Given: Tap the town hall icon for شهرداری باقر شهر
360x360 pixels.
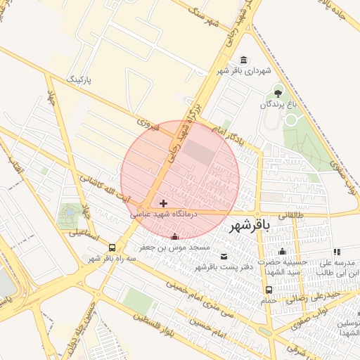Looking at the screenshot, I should tap(243, 60).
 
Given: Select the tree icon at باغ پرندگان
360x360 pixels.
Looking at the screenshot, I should tap(278, 91).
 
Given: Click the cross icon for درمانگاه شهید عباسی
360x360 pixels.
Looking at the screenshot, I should tap(164, 202).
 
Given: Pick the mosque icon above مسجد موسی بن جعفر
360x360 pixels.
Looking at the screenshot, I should tap(174, 236).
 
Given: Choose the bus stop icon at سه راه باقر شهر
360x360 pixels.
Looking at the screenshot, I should tap(112, 247).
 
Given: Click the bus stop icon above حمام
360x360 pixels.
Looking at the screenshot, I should tap(269, 290).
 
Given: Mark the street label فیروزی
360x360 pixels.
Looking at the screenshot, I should tap(150, 127).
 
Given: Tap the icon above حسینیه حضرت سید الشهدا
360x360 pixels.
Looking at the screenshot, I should tap(283, 252).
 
